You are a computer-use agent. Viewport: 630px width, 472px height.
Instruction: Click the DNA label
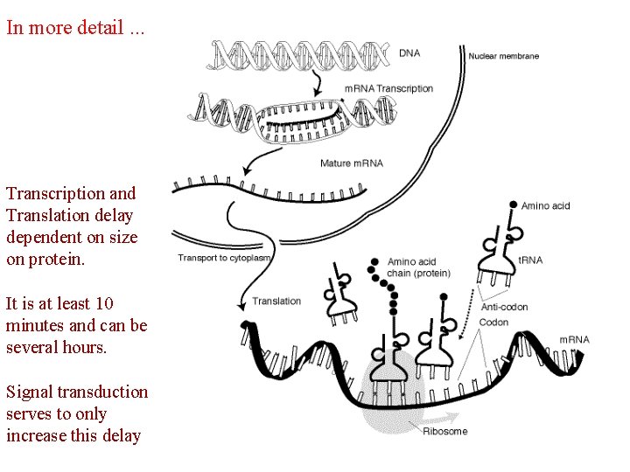tap(409, 52)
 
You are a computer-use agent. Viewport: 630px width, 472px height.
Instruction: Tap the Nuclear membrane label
tap(504, 56)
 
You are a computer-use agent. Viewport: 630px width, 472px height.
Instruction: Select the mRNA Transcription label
tap(388, 88)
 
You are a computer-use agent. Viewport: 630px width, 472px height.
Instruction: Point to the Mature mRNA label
tap(352, 163)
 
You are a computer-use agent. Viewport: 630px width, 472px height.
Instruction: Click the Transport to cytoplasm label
tap(225, 258)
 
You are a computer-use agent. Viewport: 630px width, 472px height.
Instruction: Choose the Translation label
tap(276, 302)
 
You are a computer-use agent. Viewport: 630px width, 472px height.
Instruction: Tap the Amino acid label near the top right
tap(545, 206)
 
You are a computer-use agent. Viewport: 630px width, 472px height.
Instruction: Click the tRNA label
tap(529, 260)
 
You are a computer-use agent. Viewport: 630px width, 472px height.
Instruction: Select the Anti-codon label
tap(505, 307)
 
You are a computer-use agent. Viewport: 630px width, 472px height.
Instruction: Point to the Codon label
tap(493, 323)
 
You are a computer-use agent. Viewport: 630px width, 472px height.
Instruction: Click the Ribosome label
tap(445, 431)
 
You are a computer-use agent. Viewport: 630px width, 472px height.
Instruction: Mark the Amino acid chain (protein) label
tap(419, 267)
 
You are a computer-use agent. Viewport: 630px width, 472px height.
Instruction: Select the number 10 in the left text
tap(104, 304)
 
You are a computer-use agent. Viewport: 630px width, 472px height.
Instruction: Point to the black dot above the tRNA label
tap(513, 205)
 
